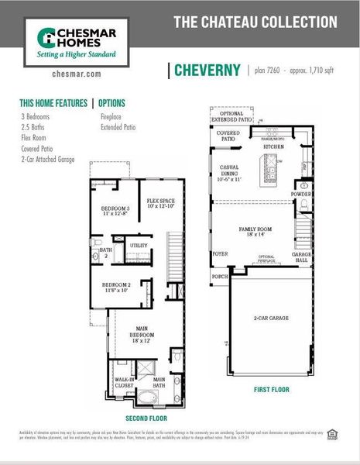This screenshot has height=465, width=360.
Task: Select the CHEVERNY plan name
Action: pyautogui.click(x=207, y=71)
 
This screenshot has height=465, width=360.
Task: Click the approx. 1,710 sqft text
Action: pyautogui.click(x=313, y=71)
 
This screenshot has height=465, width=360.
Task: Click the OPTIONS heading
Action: pyautogui.click(x=111, y=103)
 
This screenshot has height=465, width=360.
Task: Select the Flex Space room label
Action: pyautogui.click(x=161, y=203)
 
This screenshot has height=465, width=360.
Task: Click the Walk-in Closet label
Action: pyautogui.click(x=123, y=381)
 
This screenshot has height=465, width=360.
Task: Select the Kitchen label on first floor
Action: pyautogui.click(x=273, y=146)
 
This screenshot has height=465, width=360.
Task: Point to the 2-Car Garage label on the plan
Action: pyautogui.click(x=270, y=319)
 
